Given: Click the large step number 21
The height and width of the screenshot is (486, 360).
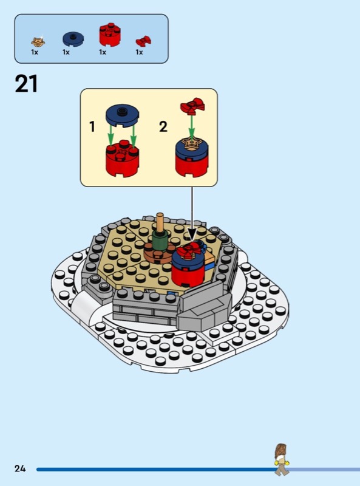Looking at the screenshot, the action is pyautogui.click(x=26, y=84).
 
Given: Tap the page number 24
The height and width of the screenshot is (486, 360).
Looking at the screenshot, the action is pyautogui.click(x=20, y=468).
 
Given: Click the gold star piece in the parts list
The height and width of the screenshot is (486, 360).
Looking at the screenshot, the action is pyautogui.click(x=38, y=41).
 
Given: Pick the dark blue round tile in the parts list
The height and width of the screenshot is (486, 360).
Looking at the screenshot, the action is pyautogui.click(x=73, y=39).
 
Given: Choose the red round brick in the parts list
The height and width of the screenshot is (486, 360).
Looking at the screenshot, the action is pyautogui.click(x=110, y=34).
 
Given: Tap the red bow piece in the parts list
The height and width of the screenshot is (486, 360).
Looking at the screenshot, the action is pyautogui.click(x=143, y=41).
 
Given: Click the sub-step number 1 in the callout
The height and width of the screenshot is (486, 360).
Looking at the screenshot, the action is pyautogui.click(x=92, y=127).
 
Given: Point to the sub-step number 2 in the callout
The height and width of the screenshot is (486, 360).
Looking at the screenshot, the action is pyautogui.click(x=163, y=127).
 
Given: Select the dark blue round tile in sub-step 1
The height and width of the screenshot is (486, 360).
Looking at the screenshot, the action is pyautogui.click(x=123, y=115).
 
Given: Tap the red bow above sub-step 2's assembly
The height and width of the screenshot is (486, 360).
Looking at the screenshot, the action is pyautogui.click(x=192, y=105).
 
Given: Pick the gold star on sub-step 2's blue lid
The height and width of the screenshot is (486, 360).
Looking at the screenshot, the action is pyautogui.click(x=191, y=143).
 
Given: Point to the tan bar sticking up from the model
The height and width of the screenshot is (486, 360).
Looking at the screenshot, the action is pyautogui.click(x=160, y=222).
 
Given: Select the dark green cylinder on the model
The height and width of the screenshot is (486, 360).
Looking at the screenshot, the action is pyautogui.click(x=160, y=239).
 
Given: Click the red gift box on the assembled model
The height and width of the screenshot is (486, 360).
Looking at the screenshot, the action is pyautogui.click(x=188, y=267).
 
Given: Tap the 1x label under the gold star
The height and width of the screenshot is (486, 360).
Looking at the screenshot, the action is pyautogui.click(x=35, y=52).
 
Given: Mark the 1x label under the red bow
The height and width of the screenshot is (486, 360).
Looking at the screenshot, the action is pyautogui.click(x=140, y=52).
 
